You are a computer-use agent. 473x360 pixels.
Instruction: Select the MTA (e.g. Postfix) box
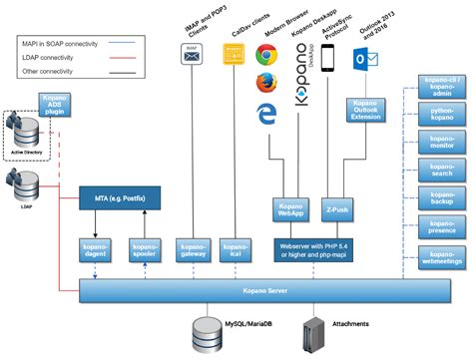(x=122, y=198)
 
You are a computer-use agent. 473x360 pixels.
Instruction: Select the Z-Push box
(x=337, y=209)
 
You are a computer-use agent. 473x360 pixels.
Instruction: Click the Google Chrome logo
(x=266, y=56)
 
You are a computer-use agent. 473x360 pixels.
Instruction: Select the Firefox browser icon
(x=266, y=84)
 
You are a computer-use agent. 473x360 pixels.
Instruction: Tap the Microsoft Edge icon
(x=266, y=116)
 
